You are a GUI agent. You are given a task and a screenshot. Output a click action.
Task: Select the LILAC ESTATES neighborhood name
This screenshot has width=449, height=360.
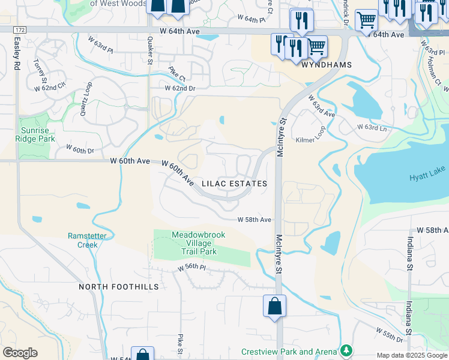click(x=234, y=184)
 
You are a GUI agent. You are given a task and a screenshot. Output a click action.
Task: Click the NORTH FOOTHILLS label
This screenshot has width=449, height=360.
click(x=119, y=287)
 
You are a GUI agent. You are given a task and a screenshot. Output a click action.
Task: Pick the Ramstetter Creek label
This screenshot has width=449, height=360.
click(x=87, y=240)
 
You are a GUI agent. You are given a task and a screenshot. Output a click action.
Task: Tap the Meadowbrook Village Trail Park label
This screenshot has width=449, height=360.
click(x=199, y=244)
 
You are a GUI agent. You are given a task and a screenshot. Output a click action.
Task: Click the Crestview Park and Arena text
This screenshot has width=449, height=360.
click(x=289, y=352)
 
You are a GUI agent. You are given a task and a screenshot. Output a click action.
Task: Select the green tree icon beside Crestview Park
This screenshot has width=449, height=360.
click(x=346, y=350)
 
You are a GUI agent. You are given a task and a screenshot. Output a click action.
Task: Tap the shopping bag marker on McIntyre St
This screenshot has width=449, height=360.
click(x=274, y=306)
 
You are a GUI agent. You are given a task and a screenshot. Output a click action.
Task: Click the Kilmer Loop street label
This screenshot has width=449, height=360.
click(x=310, y=139)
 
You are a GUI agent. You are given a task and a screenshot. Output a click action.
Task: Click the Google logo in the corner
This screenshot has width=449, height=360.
click(x=20, y=353)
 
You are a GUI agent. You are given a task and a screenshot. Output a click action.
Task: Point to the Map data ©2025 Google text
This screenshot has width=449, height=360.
click(x=411, y=355)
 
